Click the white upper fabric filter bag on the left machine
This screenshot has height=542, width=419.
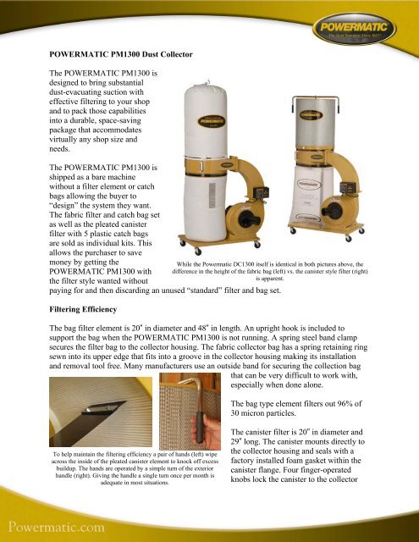click(208, 119)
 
